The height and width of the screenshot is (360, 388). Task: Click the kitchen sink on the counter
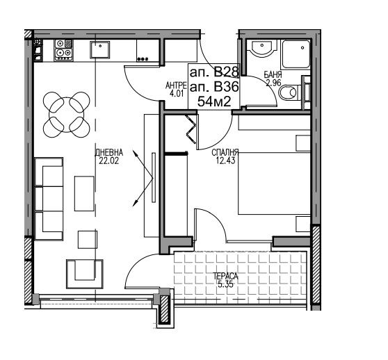99,50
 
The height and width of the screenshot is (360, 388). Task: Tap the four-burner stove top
63,50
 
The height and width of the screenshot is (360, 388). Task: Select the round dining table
66,115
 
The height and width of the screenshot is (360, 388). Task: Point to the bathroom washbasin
263,48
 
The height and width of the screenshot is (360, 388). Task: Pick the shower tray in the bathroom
296,54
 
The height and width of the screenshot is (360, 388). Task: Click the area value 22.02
109,161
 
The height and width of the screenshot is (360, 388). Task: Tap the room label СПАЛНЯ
225,153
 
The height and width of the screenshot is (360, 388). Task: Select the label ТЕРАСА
226,276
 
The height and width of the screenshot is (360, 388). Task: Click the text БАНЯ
273,74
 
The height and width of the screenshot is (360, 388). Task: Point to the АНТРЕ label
176,85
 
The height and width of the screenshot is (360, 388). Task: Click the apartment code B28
226,72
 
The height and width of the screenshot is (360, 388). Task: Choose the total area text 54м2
214,101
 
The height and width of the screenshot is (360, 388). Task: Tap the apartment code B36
226,87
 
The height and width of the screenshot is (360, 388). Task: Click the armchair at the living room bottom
85,274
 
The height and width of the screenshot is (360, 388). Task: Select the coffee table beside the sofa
84,194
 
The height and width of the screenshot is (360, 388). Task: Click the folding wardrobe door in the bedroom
191,129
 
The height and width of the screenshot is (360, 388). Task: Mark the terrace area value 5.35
226,284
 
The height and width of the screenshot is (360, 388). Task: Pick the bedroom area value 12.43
225,161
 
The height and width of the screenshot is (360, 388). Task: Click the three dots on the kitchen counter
143,59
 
